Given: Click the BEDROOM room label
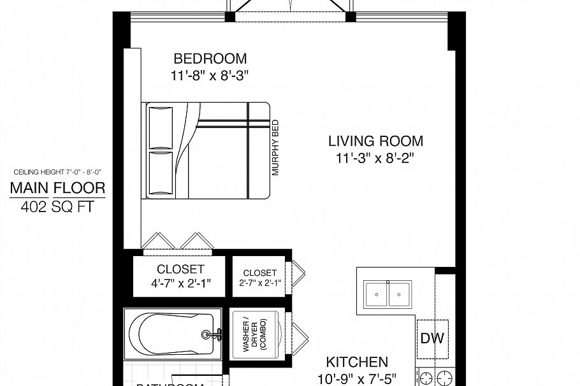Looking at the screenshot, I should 210,59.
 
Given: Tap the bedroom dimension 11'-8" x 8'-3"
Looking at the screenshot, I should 210,75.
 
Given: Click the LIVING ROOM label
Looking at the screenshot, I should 375,141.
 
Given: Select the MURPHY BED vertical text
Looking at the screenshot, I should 276,148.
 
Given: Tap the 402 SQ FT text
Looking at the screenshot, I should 57,206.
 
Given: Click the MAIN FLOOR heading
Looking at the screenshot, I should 57,188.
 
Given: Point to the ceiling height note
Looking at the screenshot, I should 57,172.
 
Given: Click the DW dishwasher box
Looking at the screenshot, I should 431,338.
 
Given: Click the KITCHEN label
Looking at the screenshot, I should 357,362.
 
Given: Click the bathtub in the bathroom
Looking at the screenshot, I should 169,333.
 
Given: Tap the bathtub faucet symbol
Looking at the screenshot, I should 212,333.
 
